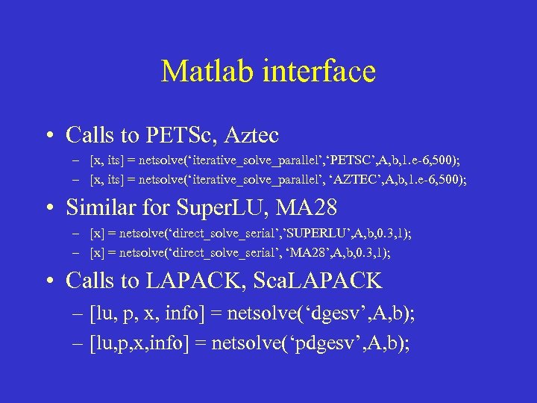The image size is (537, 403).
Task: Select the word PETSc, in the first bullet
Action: [x=182, y=135]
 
